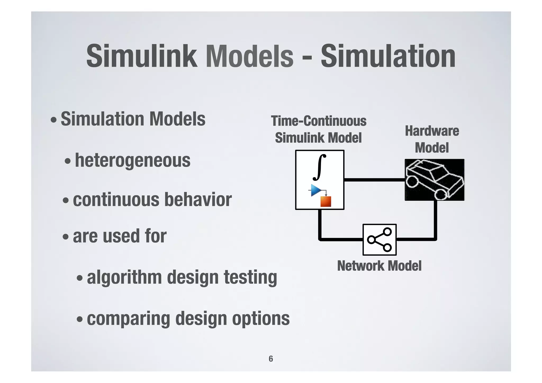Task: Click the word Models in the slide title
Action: pyautogui.click(x=250, y=56)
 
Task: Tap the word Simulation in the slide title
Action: pyautogui.click(x=388, y=56)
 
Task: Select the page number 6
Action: pyautogui.click(x=271, y=359)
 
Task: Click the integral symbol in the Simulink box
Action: pyautogui.click(x=319, y=167)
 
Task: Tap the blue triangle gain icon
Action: pyautogui.click(x=316, y=190)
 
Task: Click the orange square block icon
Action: pyautogui.click(x=326, y=201)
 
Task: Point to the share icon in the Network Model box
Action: pyautogui.click(x=380, y=240)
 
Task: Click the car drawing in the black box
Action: pyautogui.click(x=435, y=180)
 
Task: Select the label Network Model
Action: pyautogui.click(x=379, y=266)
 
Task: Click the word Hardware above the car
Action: pyautogui.click(x=432, y=131)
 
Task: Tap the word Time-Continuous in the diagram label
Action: pyautogui.click(x=319, y=121)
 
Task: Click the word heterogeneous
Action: pyautogui.click(x=133, y=160)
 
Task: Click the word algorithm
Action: pyautogui.click(x=124, y=277)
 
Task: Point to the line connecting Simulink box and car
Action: pyautogui.click(x=374, y=180)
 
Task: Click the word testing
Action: pyautogui.click(x=250, y=277)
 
